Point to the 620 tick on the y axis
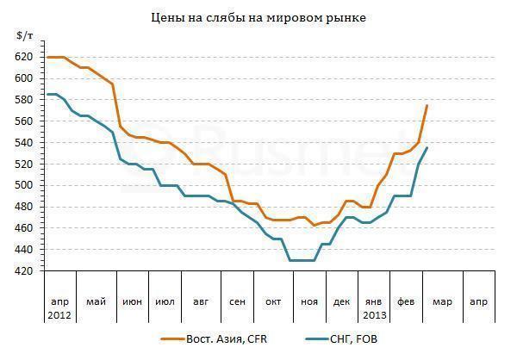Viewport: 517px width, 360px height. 24,57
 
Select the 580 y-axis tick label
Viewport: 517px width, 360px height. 24,100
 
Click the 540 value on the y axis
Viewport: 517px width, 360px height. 24,142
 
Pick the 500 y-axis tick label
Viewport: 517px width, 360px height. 24,185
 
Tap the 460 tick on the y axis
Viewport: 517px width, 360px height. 24,228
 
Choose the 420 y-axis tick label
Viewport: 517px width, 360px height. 24,271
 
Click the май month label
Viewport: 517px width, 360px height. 96,301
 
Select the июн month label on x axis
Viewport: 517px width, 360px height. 133,301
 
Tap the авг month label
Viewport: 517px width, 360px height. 201,301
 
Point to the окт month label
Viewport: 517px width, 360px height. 273,301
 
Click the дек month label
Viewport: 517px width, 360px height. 342,301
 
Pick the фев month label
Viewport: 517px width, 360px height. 405,301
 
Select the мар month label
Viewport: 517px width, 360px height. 442,301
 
